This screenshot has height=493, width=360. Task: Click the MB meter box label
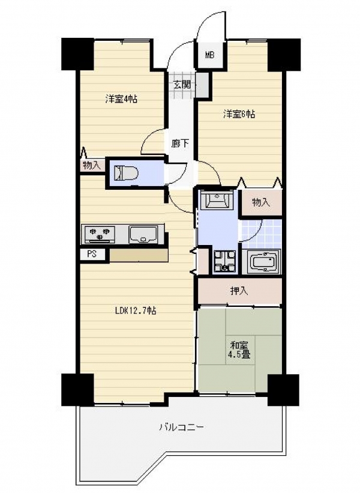pos(209,56)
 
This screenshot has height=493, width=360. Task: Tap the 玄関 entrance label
pos(182,85)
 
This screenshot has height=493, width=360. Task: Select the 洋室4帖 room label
pos(121,99)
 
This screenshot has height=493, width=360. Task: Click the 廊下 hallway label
pos(180,144)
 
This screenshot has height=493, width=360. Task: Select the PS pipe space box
pos(92,254)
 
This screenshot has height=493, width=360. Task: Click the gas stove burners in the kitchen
pos(99,235)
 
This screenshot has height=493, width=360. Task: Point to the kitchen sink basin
pos(143,234)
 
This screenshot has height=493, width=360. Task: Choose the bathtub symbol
pos(263,262)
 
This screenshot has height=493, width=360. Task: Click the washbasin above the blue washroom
pos(216,199)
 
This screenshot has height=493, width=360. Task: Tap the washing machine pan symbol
pos(224,261)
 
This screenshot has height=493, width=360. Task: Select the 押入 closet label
pos(239,291)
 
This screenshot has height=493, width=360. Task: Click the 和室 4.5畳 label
pos(241,350)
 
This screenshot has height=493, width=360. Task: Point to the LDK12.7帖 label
pos(136,311)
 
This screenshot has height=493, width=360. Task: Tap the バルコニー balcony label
pos(181,427)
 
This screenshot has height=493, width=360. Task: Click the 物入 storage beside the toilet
pos(91,165)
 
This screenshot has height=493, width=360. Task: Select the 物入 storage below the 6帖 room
pos(261,202)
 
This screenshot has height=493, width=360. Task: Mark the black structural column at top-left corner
pos(77,54)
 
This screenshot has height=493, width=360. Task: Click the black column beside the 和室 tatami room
pos(283,390)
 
